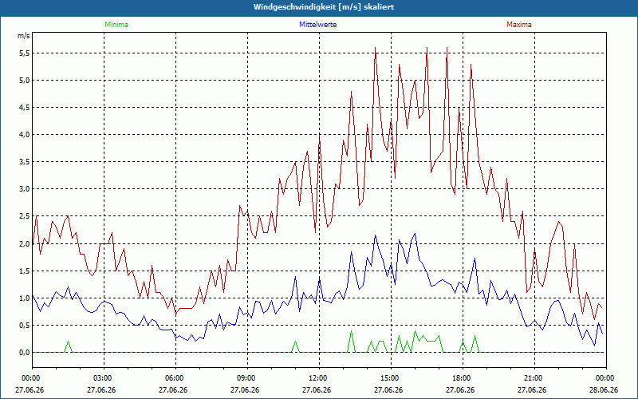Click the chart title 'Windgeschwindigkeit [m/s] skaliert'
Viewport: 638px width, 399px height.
tap(324, 7)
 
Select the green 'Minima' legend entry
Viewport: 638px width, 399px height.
tap(116, 25)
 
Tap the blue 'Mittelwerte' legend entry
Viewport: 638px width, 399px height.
tap(317, 25)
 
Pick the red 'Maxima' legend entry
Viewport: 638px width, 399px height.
tap(519, 25)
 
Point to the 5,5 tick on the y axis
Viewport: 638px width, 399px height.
tap(24, 53)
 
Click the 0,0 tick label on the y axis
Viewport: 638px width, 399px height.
tap(24, 353)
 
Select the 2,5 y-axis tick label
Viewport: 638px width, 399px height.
tap(24, 216)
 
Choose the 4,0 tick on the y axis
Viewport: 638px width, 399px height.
tap(24, 135)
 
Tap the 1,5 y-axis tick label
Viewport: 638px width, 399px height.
tap(24, 271)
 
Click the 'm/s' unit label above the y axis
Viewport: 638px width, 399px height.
tap(24, 36)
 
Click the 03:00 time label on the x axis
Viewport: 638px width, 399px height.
tap(104, 378)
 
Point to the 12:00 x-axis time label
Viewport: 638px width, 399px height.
tap(319, 378)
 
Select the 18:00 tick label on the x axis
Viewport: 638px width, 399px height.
tap(463, 378)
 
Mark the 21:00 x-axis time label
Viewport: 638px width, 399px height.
tap(534, 378)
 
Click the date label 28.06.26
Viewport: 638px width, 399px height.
tap(604, 389)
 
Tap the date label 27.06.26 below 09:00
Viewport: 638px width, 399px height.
tap(245, 389)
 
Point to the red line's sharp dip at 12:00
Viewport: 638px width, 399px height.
tap(315, 232)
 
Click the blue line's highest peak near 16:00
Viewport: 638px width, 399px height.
tap(415, 234)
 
